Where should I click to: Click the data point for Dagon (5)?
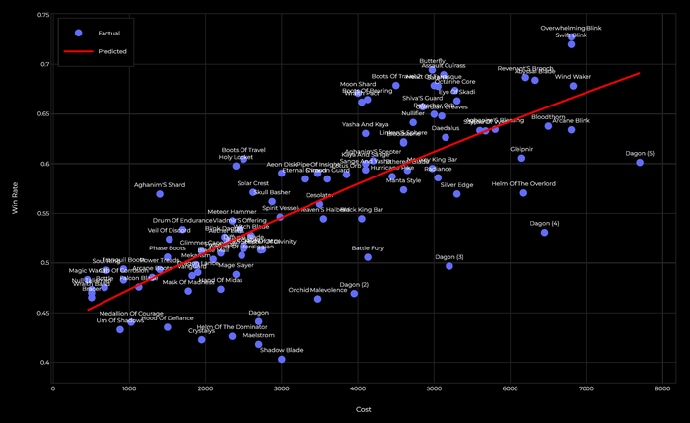tap(640, 162)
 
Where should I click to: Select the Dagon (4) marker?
tap(544, 232)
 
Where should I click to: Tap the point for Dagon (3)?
tap(449, 265)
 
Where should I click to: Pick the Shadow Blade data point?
tap(282, 359)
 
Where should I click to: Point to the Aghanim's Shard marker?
tap(160, 194)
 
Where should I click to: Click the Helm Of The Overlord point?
tap(523, 192)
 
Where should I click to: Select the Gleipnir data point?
tap(521, 158)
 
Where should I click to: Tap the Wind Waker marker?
tap(573, 86)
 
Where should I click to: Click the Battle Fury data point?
tap(368, 257)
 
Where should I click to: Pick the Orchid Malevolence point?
tap(317, 298)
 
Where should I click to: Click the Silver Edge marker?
tap(456, 193)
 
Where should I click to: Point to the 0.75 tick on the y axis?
tap(45, 16)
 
